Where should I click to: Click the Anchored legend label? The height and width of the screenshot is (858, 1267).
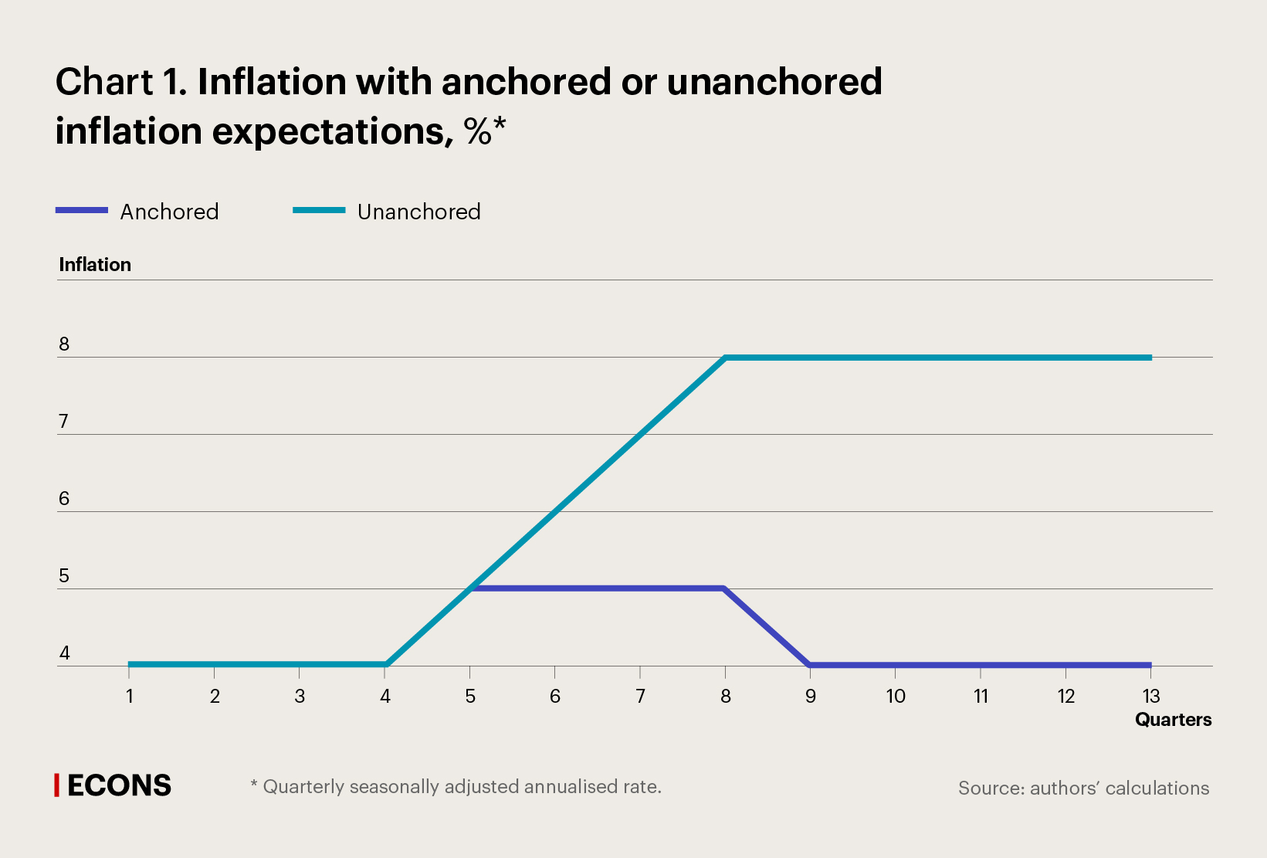[x=169, y=212]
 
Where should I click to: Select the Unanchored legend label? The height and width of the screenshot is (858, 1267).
[x=418, y=212]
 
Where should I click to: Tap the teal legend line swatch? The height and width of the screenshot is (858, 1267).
[x=319, y=210]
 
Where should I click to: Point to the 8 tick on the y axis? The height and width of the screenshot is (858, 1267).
[x=64, y=344]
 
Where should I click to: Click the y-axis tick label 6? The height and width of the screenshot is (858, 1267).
[x=64, y=499]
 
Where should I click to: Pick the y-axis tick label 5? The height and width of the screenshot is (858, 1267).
[x=64, y=576]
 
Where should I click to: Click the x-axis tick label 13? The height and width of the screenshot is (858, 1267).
[x=1150, y=697]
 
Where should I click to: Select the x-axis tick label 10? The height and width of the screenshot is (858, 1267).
[x=895, y=697]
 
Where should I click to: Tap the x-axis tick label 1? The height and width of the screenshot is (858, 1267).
[x=130, y=697]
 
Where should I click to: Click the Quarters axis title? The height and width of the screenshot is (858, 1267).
[x=1173, y=720]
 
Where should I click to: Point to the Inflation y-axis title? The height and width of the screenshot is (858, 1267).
[x=95, y=265]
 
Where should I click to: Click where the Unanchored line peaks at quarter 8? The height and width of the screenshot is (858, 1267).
[x=726, y=358]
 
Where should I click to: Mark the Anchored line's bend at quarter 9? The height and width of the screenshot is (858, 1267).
[x=810, y=665]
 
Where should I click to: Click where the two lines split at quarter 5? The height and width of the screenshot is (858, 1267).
[x=470, y=588]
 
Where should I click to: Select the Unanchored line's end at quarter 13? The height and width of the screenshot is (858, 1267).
[x=1150, y=358]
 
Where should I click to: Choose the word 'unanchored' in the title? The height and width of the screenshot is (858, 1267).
[x=774, y=82]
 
